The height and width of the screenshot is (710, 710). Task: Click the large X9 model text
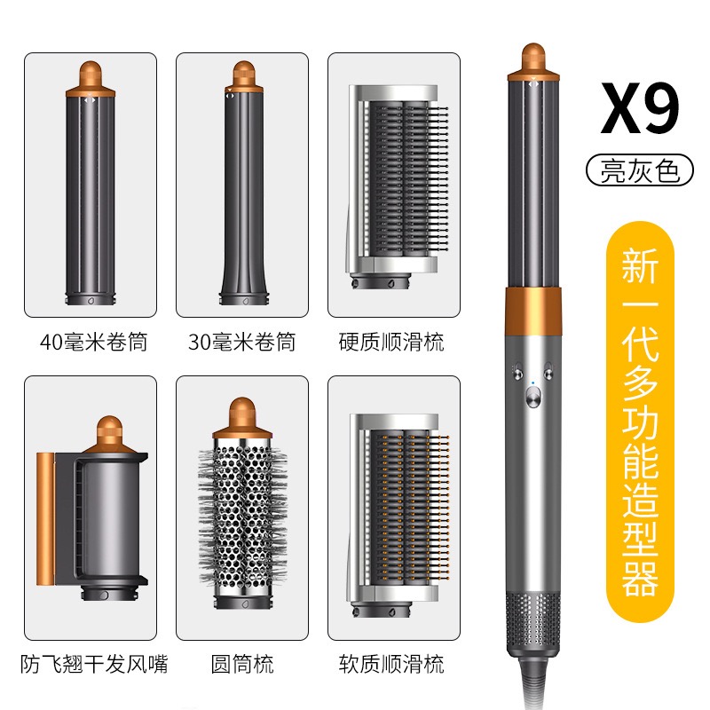click(640, 107)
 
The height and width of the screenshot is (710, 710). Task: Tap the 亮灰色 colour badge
click(640, 170)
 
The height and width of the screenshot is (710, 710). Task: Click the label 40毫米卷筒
click(94, 342)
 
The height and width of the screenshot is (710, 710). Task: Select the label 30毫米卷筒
click(241, 342)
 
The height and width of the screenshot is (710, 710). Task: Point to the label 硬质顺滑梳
click(391, 342)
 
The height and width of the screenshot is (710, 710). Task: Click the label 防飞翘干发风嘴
click(94, 664)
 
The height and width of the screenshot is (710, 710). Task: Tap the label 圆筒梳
click(242, 664)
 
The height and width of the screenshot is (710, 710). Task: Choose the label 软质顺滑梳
click(391, 664)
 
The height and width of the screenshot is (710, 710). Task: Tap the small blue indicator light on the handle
click(533, 383)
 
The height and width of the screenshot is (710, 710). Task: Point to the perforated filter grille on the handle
click(533, 621)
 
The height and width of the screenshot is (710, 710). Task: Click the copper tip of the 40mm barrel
click(91, 78)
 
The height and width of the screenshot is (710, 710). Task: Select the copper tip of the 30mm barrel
click(244, 77)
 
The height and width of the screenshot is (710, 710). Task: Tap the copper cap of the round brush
click(242, 417)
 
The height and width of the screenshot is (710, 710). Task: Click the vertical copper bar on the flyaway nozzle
click(45, 518)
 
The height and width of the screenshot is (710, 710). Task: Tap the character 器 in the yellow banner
click(640, 579)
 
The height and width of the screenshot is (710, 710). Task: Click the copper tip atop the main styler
click(533, 62)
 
